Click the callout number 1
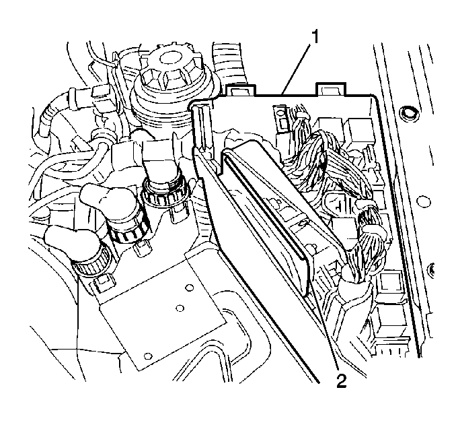(x=315, y=37)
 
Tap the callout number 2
(x=342, y=381)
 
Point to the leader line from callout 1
(x=297, y=69)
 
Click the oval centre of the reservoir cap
(x=167, y=58)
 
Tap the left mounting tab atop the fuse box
(x=240, y=90)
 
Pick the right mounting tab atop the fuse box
(x=331, y=89)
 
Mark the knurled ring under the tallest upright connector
(x=165, y=193)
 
